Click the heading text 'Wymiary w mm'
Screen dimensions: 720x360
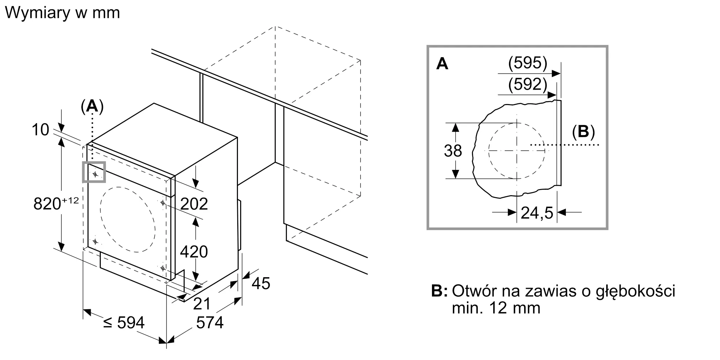(62, 13)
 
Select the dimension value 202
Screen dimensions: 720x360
(194, 204)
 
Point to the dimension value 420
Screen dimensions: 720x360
(194, 252)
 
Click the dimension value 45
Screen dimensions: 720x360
(261, 283)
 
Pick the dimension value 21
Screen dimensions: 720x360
(202, 303)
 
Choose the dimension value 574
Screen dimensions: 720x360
(210, 322)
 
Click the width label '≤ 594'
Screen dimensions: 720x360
(124, 322)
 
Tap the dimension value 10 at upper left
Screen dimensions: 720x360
(40, 130)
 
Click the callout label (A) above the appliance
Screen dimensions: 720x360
(92, 107)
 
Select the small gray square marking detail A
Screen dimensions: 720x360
(94, 172)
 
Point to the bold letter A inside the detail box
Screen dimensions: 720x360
(442, 64)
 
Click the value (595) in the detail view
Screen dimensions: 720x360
(528, 63)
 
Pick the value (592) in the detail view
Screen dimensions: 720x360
(528, 84)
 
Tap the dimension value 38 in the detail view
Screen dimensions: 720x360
(453, 151)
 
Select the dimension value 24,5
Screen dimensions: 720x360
(537, 213)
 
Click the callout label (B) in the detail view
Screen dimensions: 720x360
(583, 132)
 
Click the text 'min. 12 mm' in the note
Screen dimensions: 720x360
(496, 308)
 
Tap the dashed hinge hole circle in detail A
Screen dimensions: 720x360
(517, 150)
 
